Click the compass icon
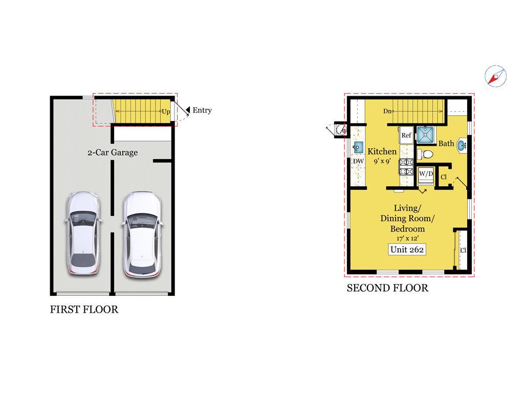coord(495,76)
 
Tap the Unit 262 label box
coord(407,250)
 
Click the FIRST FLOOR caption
coord(84,310)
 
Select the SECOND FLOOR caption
coord(387,288)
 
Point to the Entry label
coord(202,111)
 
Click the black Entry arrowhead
coord(188,110)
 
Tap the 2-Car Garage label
coord(113,152)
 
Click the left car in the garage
coord(83,233)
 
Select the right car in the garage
coord(142,234)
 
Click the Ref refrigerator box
coord(406,135)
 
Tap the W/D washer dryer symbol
coord(426,176)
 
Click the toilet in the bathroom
coord(425,155)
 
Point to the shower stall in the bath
coord(425,135)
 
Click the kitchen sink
coord(358,147)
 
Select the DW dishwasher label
coord(358,161)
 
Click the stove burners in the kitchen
coord(406,167)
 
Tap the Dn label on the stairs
coord(387,111)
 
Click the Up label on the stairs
coord(166,112)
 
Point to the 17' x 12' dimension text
coord(407,238)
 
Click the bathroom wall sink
coord(461,145)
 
